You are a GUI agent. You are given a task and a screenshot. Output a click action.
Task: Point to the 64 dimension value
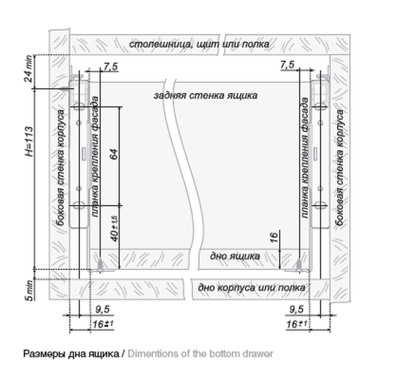[113, 155]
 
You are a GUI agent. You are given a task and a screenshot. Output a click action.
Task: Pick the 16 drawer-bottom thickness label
[274, 238]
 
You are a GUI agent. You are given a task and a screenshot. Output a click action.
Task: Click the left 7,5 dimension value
[110, 67]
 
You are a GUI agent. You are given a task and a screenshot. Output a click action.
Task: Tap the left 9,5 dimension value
[102, 309]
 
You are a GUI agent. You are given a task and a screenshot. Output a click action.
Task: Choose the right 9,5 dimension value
[296, 309]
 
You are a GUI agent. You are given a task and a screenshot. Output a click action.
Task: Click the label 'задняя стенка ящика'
[205, 96]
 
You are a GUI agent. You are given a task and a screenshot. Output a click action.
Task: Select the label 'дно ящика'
[235, 256]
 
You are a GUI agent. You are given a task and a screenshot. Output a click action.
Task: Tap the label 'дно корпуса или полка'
[251, 287]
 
